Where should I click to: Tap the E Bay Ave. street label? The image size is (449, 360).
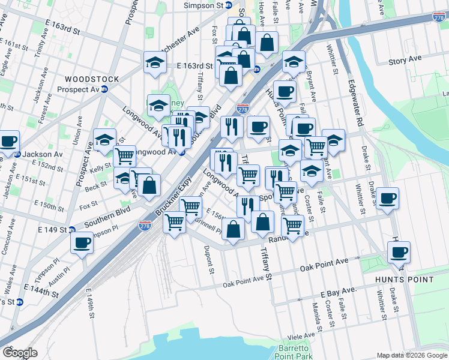tap(339, 291)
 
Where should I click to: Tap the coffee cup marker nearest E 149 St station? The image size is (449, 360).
tap(82, 242)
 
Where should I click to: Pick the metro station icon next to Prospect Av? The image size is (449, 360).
tap(104, 89)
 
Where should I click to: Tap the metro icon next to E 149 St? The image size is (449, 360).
tap(71, 229)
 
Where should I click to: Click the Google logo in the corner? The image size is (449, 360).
tap(20, 353)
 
